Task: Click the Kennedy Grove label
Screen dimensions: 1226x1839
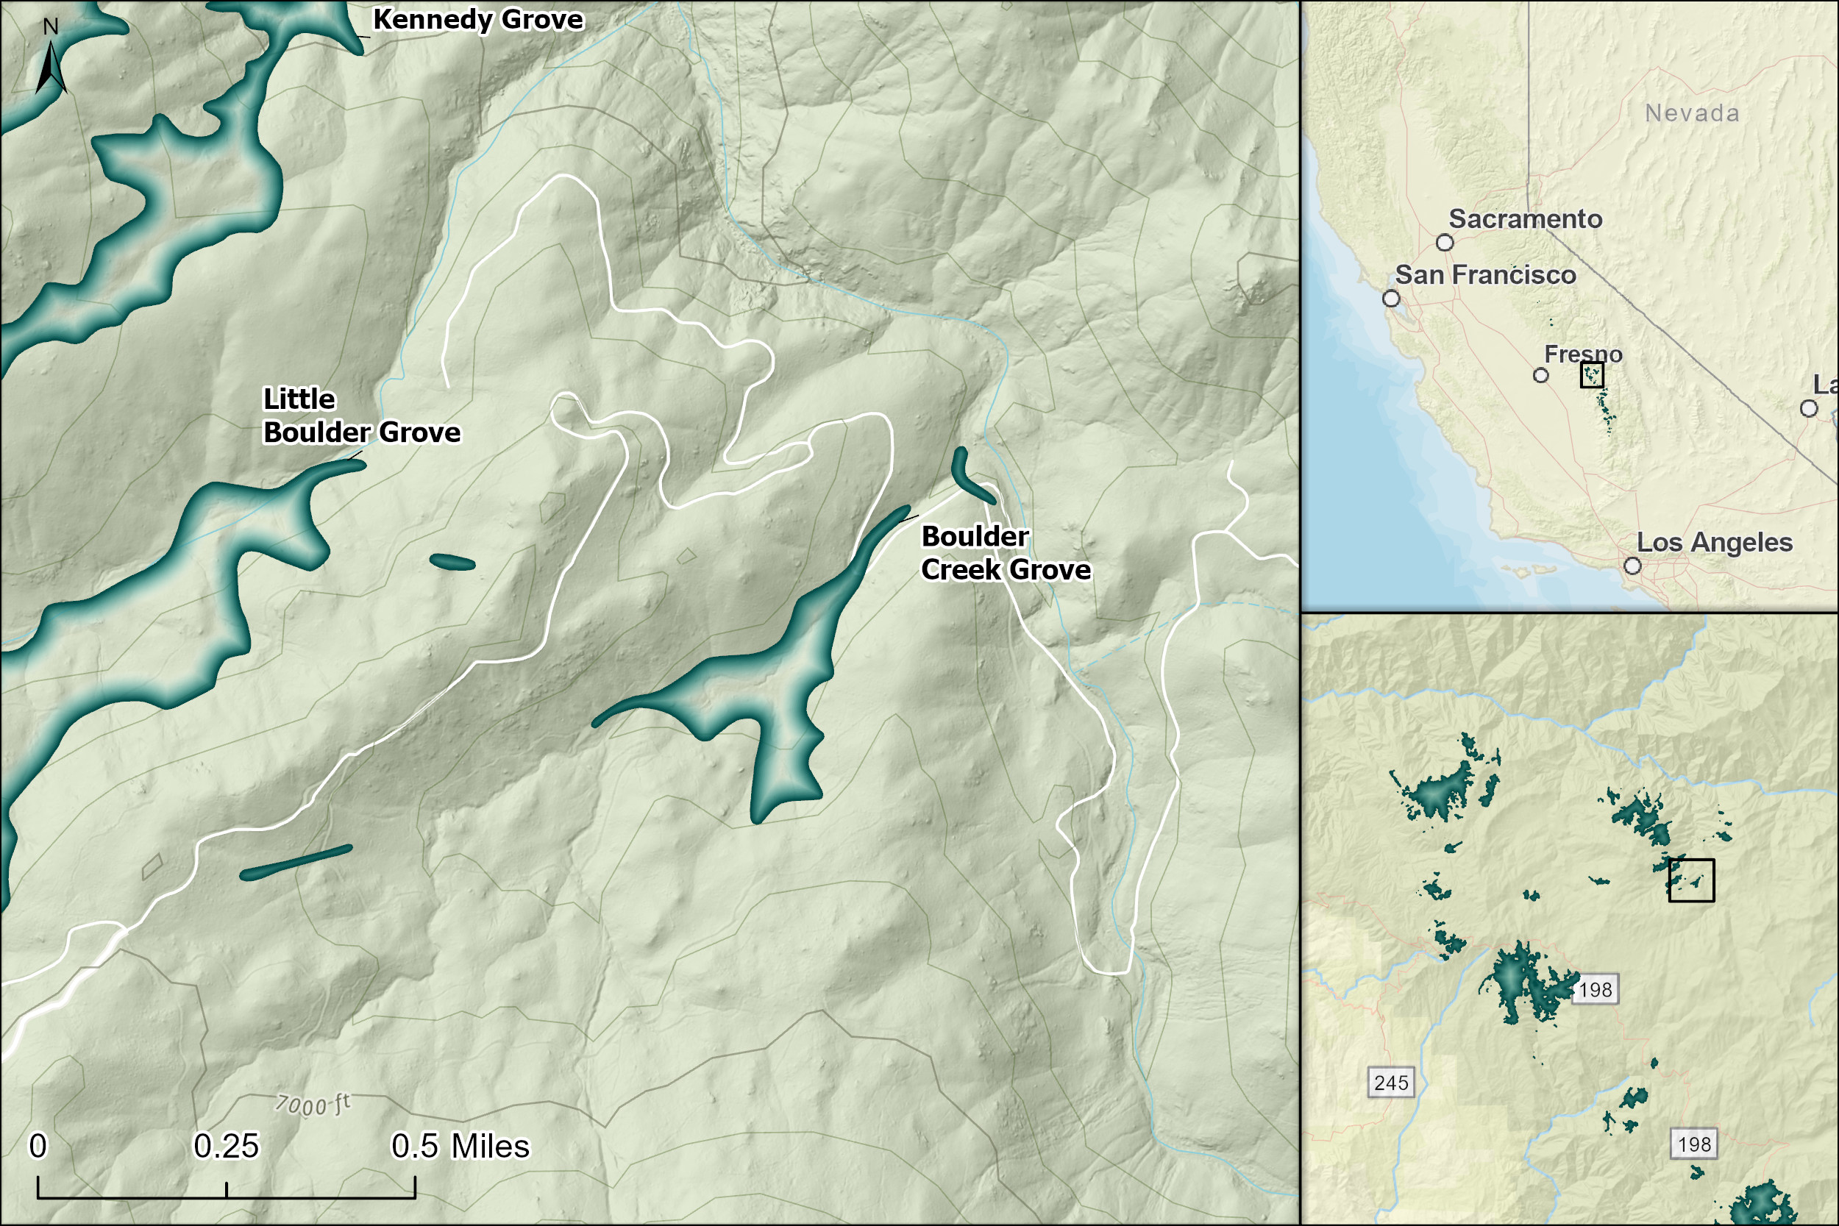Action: [x=477, y=19]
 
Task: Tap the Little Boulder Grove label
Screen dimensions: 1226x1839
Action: [x=361, y=416]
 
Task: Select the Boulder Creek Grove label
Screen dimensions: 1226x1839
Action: [x=1006, y=553]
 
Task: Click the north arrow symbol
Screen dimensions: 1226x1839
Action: [x=51, y=66]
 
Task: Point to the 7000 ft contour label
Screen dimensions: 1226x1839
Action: [x=313, y=1105]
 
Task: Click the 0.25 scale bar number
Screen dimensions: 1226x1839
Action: [x=226, y=1147]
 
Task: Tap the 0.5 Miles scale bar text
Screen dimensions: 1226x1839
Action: [x=460, y=1147]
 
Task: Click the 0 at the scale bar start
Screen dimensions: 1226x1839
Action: [x=38, y=1147]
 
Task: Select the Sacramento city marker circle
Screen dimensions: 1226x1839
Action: [x=1445, y=243]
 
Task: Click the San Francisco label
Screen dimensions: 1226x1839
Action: [x=1484, y=275]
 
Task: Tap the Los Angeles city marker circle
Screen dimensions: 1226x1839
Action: [x=1632, y=566]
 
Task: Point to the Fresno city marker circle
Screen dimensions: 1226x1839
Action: [x=1540, y=375]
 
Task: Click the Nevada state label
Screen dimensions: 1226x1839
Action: [x=1692, y=113]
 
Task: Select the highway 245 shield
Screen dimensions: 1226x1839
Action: [x=1391, y=1083]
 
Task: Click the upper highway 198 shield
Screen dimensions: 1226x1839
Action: [x=1595, y=990]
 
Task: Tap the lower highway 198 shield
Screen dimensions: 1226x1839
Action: [x=1694, y=1144]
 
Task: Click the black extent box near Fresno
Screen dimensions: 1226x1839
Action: [x=1592, y=374]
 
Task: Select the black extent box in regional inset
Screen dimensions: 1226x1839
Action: [x=1691, y=880]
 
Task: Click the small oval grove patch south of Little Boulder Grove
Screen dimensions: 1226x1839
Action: [x=452, y=562]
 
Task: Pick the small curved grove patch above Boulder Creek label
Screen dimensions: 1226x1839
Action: [x=970, y=476]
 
